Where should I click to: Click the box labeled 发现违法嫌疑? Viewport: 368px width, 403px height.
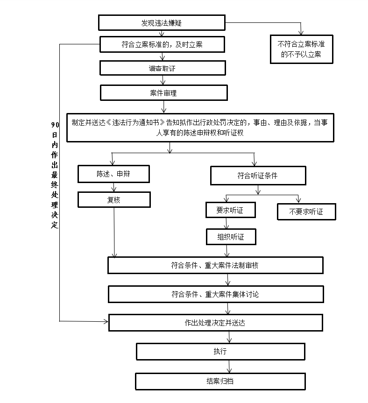(162, 22)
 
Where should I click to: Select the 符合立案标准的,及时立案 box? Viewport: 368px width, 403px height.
(162, 45)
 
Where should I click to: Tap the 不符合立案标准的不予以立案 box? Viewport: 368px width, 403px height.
(302, 50)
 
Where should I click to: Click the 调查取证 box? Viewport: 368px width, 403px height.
(162, 69)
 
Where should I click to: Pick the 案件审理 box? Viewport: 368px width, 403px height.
(163, 93)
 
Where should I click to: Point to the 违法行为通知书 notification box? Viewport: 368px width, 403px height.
(200, 127)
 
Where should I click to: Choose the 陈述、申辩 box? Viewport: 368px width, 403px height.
(114, 174)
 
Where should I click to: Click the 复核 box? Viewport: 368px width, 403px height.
(114, 200)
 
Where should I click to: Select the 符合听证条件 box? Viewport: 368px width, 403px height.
(258, 176)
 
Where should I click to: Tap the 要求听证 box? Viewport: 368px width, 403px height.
(231, 210)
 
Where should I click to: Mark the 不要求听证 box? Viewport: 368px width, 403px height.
(306, 212)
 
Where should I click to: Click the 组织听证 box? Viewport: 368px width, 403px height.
(231, 237)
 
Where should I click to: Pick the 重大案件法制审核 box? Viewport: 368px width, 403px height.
(215, 265)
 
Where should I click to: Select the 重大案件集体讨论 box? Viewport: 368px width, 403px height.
(216, 294)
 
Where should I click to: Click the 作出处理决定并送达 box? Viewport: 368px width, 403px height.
(215, 323)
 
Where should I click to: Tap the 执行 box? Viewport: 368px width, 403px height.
(220, 351)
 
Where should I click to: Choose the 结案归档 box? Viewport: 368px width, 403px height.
(220, 381)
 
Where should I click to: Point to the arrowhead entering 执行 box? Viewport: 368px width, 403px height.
(228, 341)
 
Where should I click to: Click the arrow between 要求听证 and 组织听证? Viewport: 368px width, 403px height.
(227, 223)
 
